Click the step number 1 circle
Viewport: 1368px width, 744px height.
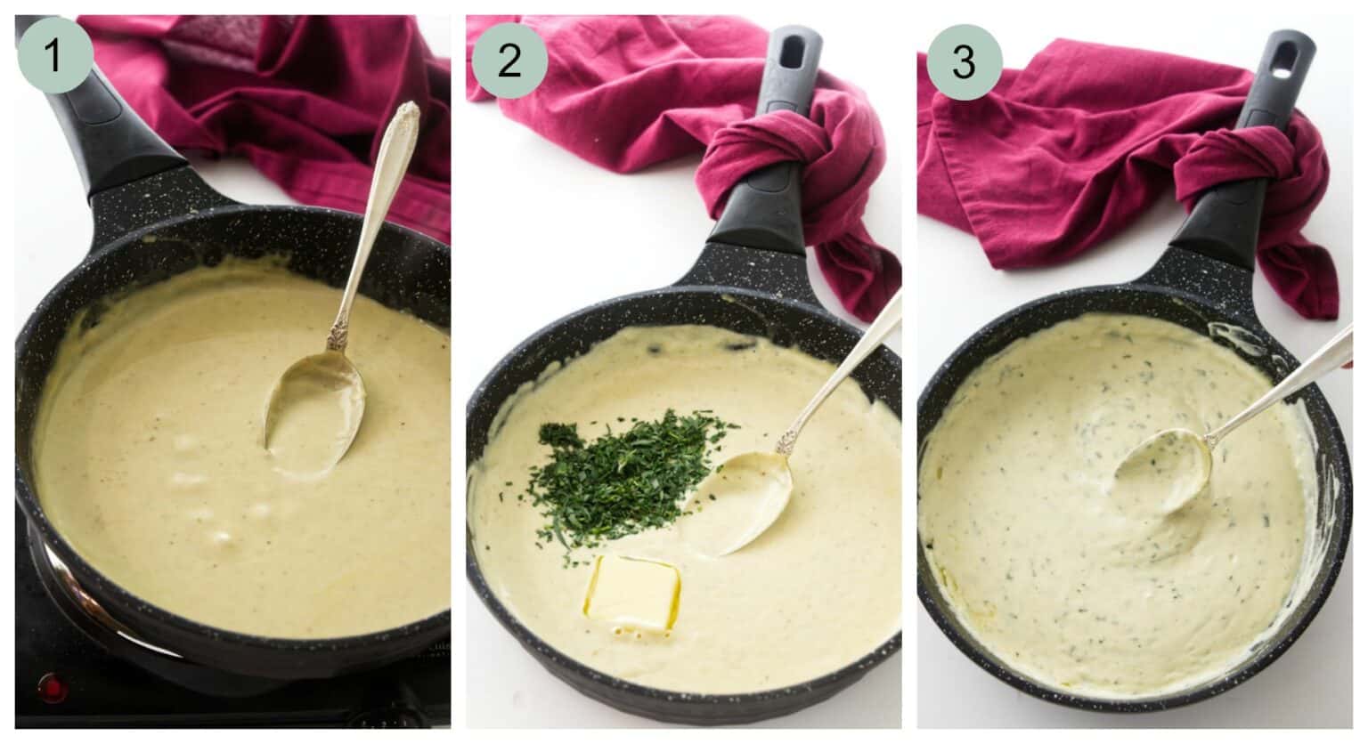pyautogui.click(x=53, y=55)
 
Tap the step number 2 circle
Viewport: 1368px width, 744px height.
pyautogui.click(x=509, y=61)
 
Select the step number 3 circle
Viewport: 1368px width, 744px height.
pyautogui.click(x=964, y=61)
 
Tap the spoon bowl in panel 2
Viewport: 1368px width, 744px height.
pyautogui.click(x=744, y=503)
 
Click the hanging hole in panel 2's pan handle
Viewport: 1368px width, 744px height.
pyautogui.click(x=789, y=51)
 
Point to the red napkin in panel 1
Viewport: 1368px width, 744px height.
pyautogui.click(x=294, y=98)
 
